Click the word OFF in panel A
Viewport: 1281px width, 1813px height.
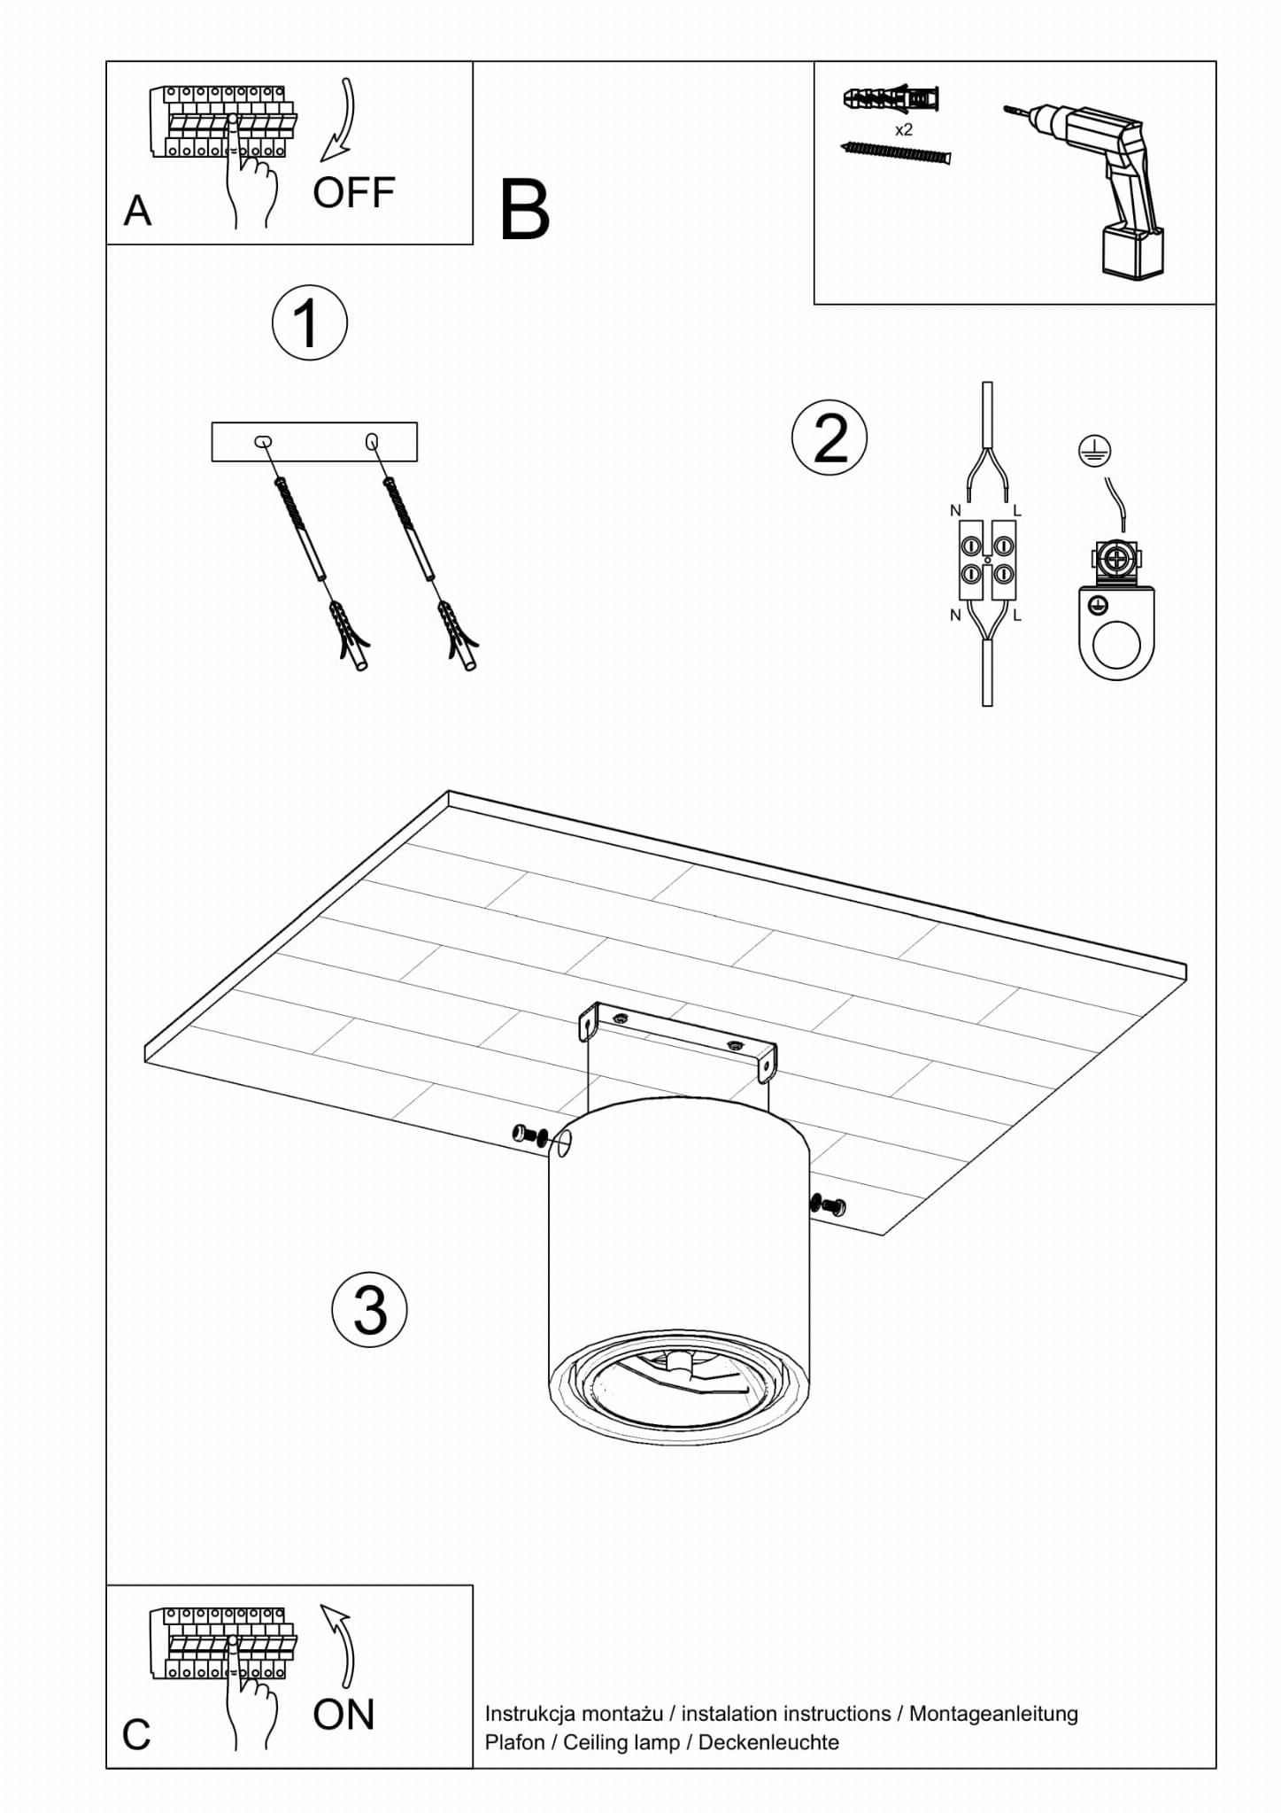pos(353,193)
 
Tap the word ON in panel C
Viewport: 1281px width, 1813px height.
pos(343,1716)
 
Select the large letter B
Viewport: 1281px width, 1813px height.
pos(525,210)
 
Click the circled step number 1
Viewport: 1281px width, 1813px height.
pos(309,322)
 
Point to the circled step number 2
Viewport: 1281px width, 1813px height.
pos(830,438)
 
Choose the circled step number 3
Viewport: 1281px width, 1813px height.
pos(369,1310)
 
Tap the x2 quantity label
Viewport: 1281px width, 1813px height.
pos(904,129)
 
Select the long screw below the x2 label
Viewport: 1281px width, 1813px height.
pos(896,153)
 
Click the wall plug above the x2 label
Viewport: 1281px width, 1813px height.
pos(891,97)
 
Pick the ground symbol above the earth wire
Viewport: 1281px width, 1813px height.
pos(1094,452)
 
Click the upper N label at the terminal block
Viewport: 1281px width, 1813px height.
pos(955,510)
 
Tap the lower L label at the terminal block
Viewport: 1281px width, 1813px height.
pos(1017,615)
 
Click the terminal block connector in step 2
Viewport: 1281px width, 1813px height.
pos(987,561)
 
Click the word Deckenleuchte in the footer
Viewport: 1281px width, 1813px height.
pos(768,1742)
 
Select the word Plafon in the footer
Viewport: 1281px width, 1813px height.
pos(514,1742)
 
